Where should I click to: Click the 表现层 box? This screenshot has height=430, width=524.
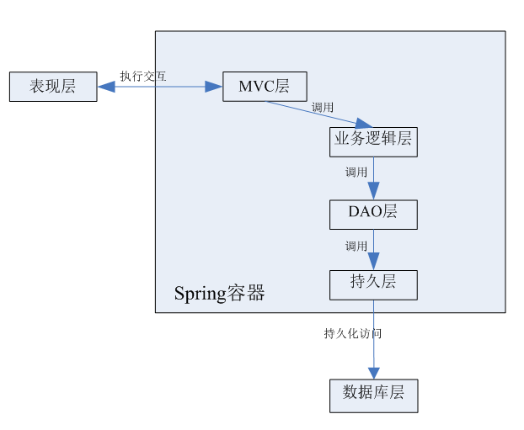pyautogui.click(x=53, y=87)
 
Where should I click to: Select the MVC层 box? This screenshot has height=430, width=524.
pyautogui.click(x=265, y=87)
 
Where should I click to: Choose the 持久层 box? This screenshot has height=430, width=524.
pyautogui.click(x=373, y=284)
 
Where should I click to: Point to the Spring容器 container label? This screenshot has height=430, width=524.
pyautogui.click(x=219, y=294)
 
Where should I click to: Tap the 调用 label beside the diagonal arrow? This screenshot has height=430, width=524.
pyautogui.click(x=323, y=108)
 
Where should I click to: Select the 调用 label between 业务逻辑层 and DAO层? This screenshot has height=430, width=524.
pyautogui.click(x=356, y=173)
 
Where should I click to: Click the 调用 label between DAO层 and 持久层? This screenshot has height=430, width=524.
pyautogui.click(x=356, y=247)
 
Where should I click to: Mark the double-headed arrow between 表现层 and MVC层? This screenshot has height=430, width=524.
pyautogui.click(x=159, y=86)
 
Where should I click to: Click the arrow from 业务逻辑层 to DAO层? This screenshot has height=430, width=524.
pyautogui.click(x=373, y=178)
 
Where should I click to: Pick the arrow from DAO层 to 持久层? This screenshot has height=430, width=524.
pyautogui.click(x=373, y=249)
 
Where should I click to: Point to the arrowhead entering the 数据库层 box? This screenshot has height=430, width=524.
pyautogui.click(x=373, y=373)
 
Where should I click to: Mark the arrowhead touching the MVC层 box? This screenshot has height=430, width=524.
pyautogui.click(x=215, y=86)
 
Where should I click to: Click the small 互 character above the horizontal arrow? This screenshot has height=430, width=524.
pyautogui.click(x=161, y=76)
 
